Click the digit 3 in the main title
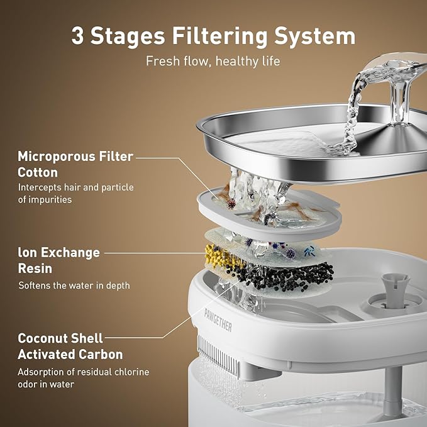click(x=77, y=36)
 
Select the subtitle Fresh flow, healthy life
click(x=213, y=62)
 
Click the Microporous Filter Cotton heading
click(x=74, y=164)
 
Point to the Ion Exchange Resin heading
click(x=58, y=260)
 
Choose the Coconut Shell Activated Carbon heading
click(x=70, y=347)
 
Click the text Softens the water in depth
click(x=74, y=286)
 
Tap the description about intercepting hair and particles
click(x=75, y=194)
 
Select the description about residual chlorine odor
click(x=83, y=378)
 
